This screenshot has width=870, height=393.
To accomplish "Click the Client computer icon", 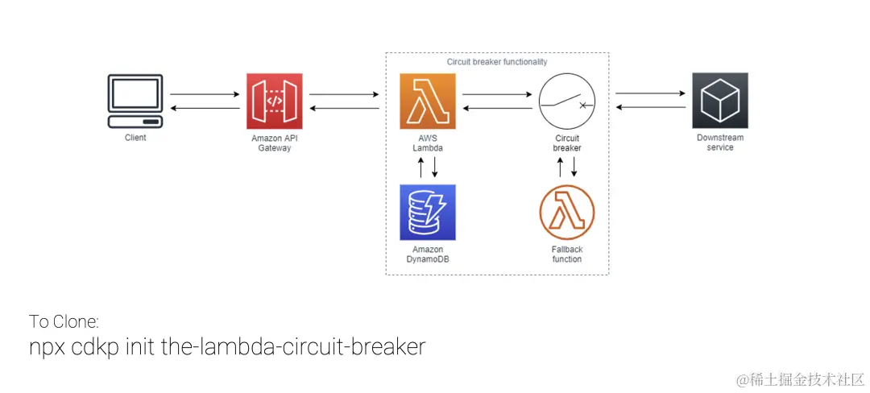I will coord(135,101).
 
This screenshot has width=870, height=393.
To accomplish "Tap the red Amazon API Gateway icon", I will coord(274,101).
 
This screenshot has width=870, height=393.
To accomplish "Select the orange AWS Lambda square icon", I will coord(428,101).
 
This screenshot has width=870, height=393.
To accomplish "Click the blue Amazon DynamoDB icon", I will coord(428,213).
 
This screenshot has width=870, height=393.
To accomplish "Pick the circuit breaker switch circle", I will coord(567,101).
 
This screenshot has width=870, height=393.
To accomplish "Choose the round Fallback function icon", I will coord(567,213).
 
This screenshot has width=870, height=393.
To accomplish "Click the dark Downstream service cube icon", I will coord(720,101).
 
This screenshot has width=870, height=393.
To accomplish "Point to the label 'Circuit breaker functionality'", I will coord(497,62).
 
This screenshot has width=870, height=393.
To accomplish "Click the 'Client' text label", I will coord(135,138).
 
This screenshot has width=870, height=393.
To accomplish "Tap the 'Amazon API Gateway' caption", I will coord(274,143).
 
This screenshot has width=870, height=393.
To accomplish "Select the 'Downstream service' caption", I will coord(720,143).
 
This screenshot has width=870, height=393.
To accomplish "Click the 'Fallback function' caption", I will coord(567,254).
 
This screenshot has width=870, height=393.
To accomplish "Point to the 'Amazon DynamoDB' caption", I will coord(428,254).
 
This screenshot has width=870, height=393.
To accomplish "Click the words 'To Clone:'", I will coord(64,321).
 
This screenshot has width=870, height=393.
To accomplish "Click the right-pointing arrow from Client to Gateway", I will coord(205,94).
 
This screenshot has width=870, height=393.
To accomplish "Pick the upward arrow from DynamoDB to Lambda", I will coord(421,168).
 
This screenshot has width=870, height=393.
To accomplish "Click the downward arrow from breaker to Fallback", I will coord(574,168).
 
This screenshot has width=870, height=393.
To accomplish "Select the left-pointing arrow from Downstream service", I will coord(651,107).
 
